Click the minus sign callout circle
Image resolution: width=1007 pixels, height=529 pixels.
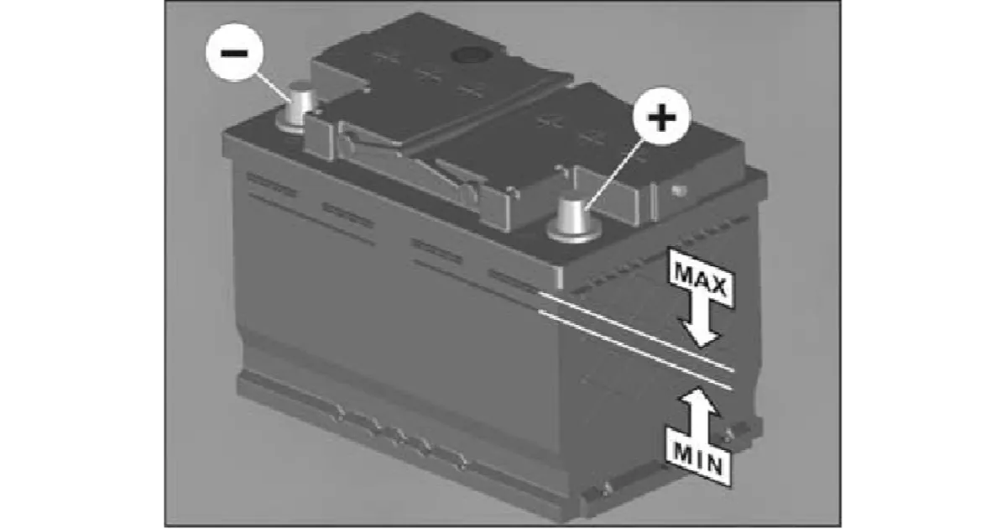tap(234, 53)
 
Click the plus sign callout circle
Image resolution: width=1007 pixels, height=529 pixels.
tap(661, 117)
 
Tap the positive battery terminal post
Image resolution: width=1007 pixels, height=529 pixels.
tap(574, 217)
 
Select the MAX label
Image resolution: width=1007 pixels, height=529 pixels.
tap(701, 280)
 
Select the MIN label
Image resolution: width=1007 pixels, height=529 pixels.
tap(698, 458)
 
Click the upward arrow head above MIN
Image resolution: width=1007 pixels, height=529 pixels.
tap(698, 401)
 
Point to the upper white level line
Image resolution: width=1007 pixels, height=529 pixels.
tap(636, 332)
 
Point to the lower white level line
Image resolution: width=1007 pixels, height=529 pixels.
tap(635, 349)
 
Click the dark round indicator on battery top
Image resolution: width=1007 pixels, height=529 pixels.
tap(470, 55)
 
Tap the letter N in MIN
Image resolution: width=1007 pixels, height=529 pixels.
tap(713, 465)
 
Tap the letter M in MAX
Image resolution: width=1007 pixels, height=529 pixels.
tap(683, 273)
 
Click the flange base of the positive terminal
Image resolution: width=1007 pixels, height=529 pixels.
tap(574, 233)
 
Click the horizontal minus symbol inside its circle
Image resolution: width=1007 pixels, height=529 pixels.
tap(234, 53)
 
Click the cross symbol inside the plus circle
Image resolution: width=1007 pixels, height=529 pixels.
tap(661, 117)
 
